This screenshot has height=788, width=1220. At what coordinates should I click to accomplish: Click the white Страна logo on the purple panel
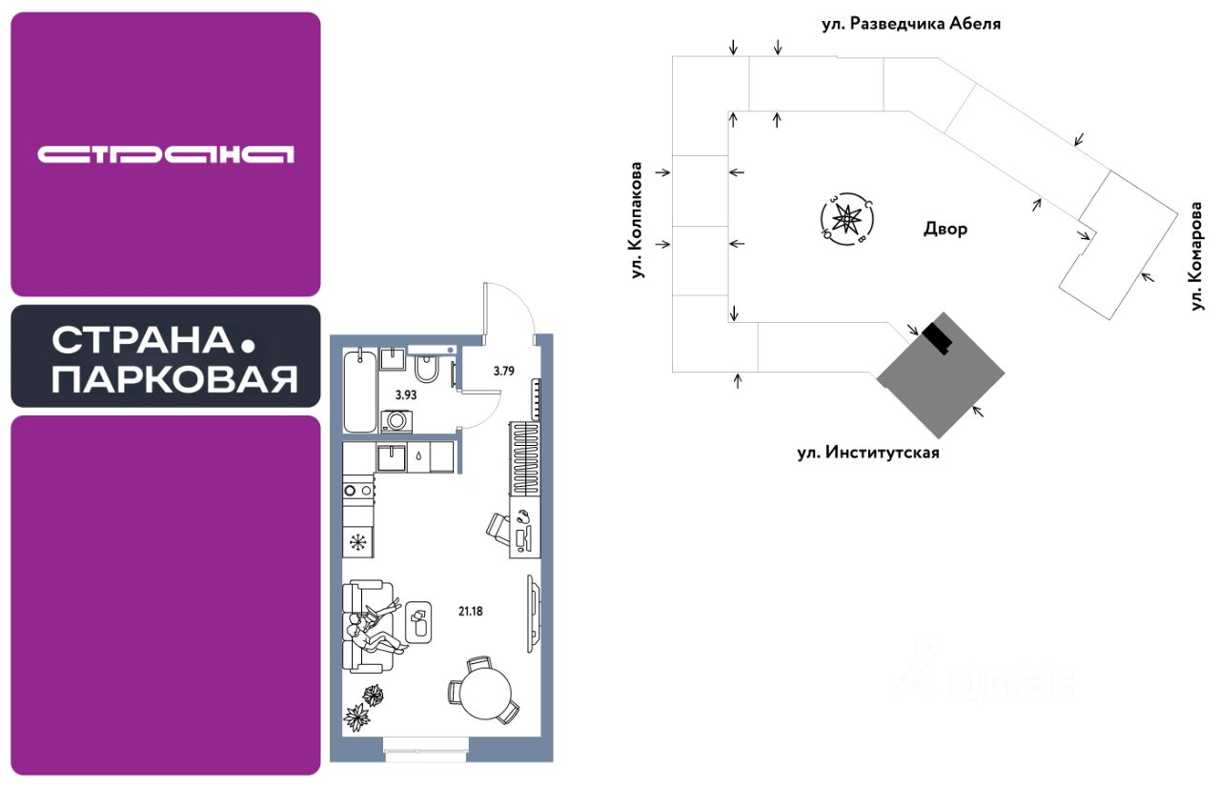point(165,154)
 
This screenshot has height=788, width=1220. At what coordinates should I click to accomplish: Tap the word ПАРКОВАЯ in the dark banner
point(173,379)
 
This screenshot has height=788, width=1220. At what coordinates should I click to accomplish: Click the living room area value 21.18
point(469,611)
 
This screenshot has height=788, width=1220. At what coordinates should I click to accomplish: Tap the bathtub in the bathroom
point(360,391)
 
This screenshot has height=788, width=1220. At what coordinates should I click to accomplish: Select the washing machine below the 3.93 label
point(394,420)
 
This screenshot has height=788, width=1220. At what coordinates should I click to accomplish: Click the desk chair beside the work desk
point(499,525)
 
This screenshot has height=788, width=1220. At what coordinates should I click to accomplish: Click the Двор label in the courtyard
point(945,230)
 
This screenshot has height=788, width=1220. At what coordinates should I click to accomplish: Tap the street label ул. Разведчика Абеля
point(911,23)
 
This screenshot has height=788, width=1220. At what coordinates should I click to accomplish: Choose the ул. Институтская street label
point(868,453)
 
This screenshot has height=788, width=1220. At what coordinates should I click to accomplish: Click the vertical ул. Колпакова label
point(637,220)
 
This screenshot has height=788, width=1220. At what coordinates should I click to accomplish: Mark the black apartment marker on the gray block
point(938,336)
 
